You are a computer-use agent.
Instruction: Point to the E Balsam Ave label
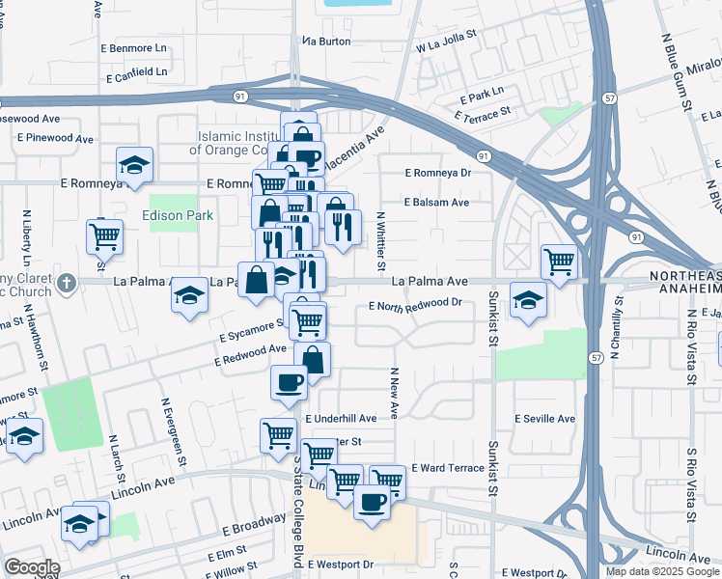pos(437,202)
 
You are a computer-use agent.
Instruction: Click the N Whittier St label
pos(381,241)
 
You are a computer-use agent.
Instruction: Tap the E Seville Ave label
pos(544,419)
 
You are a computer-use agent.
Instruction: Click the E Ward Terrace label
pos(447,467)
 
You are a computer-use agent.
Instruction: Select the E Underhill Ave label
pos(341,419)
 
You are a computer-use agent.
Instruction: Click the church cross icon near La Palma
pos(65,283)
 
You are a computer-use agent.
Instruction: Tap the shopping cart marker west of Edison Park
pos(104,234)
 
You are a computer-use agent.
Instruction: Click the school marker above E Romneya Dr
pos(134,164)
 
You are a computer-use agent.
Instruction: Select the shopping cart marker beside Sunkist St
pos(559,259)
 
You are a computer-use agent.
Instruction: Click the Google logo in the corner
pos(31,567)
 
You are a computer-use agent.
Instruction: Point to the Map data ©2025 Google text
pos(662,571)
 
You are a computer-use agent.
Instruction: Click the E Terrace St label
pos(486,114)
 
